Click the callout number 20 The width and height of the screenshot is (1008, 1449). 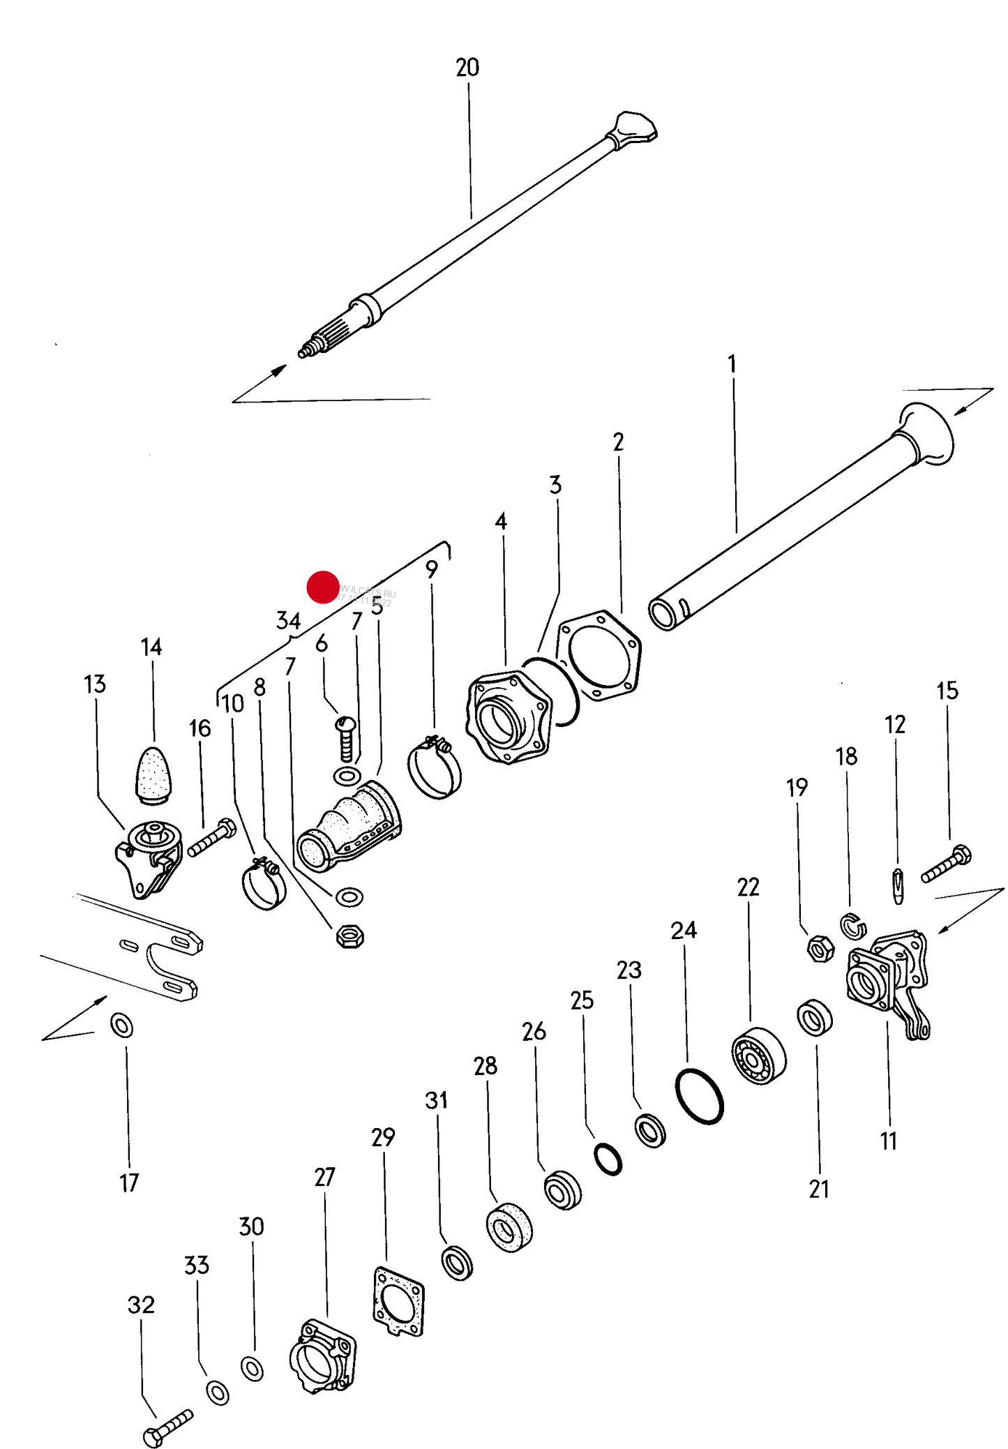(x=467, y=68)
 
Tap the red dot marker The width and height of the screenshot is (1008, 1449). (x=322, y=587)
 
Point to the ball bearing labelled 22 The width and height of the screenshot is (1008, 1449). (x=758, y=1056)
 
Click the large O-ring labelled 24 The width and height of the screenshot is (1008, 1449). (x=699, y=1096)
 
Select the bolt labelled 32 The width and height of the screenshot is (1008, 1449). (x=167, y=1427)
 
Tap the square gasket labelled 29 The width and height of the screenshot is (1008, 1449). (x=398, y=1302)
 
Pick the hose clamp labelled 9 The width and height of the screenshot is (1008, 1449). (x=434, y=768)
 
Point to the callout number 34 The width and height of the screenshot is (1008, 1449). (x=288, y=620)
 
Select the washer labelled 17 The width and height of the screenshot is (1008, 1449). (x=122, y=1026)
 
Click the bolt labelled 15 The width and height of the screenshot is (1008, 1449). (x=947, y=864)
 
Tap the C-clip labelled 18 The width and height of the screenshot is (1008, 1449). (x=852, y=926)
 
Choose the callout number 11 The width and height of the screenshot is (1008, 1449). (x=888, y=1141)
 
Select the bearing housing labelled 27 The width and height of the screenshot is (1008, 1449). (x=322, y=1358)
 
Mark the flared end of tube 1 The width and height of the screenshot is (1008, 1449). (x=926, y=433)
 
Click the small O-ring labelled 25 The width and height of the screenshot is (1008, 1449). (x=608, y=1159)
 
